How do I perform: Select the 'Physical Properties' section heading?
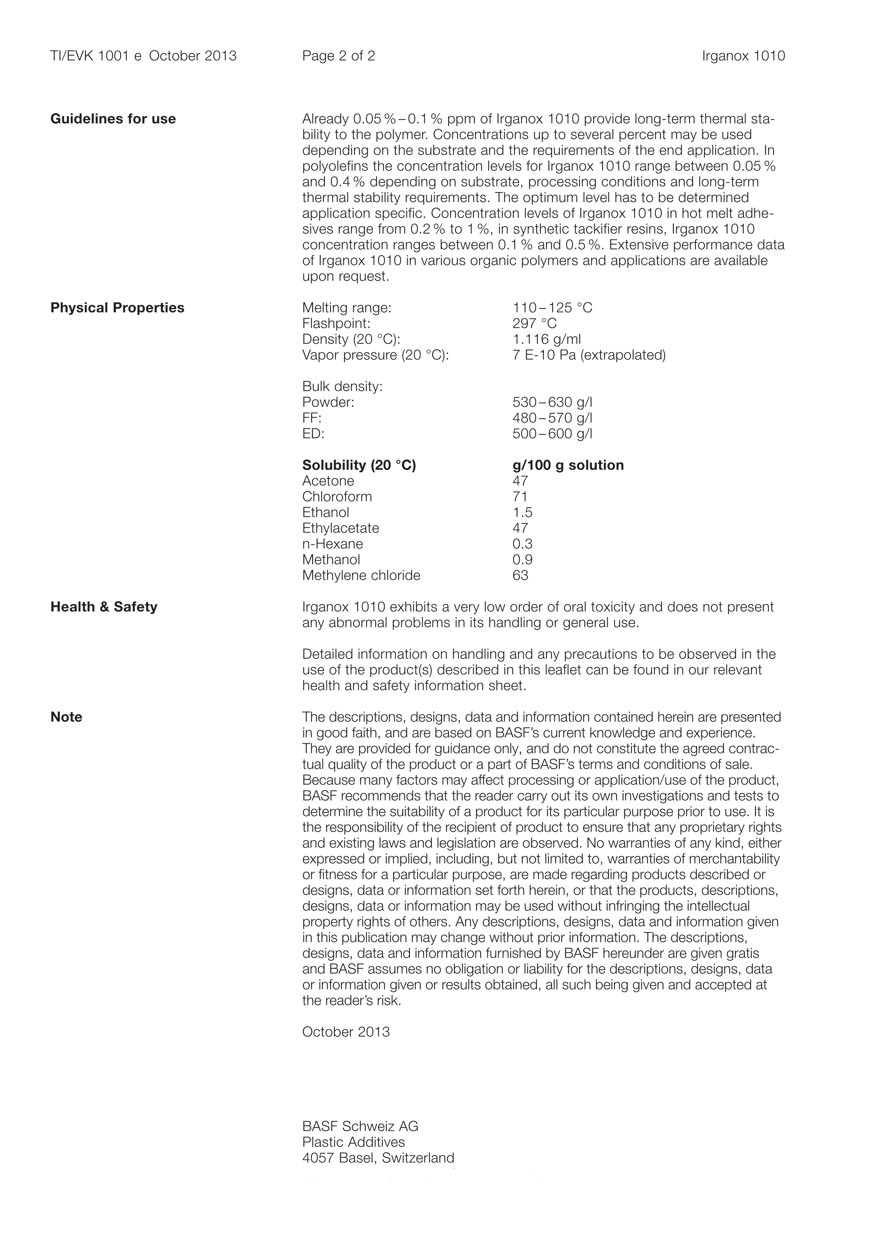point(117,308)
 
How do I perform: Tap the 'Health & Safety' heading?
point(104,607)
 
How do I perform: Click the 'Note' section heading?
point(66,717)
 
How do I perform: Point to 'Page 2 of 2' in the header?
point(338,56)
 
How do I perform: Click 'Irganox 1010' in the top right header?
point(744,56)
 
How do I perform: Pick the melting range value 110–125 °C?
point(552,308)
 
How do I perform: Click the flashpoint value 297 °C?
point(534,324)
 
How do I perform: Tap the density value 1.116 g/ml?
point(546,339)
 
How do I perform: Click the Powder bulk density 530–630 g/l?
point(552,402)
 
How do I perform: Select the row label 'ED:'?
point(313,434)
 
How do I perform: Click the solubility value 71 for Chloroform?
point(520,497)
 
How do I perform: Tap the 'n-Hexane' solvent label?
point(333,544)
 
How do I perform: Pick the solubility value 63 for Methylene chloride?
point(520,576)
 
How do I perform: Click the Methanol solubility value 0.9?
point(522,560)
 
